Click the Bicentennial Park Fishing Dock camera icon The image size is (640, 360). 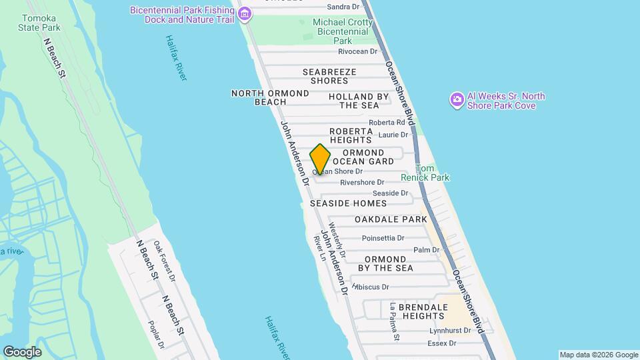pyautogui.click(x=245, y=13)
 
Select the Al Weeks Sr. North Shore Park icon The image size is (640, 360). pyautogui.click(x=457, y=100)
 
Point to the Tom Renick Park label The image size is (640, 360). pyautogui.click(x=425, y=173)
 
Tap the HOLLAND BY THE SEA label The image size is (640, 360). pyautogui.click(x=359, y=101)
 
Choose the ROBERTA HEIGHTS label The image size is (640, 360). pyautogui.click(x=351, y=135)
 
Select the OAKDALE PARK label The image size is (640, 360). pyautogui.click(x=391, y=219)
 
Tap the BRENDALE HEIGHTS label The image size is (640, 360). pyautogui.click(x=415, y=311)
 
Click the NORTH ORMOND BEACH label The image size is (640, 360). pyautogui.click(x=270, y=97)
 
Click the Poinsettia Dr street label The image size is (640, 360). pyautogui.click(x=383, y=238)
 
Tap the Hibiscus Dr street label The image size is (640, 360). pyautogui.click(x=371, y=287)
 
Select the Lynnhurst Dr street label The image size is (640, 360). pyautogui.click(x=450, y=330)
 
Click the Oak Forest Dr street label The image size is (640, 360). pyautogui.click(x=164, y=261)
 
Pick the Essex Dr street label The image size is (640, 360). pyautogui.click(x=443, y=344)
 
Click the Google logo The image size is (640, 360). pyautogui.click(x=22, y=351)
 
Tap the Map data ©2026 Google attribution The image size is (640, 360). pyautogui.click(x=598, y=355)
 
